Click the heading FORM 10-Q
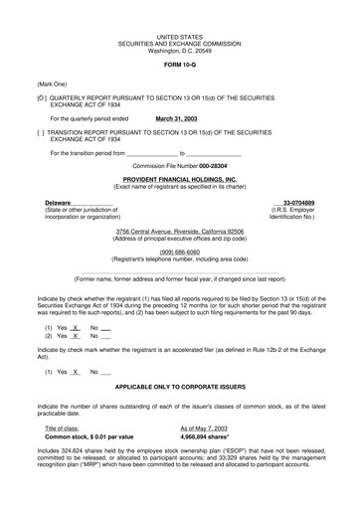[180, 63]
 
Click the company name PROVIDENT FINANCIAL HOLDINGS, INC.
[180, 180]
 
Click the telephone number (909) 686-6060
[179, 252]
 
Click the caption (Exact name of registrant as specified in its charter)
[180, 188]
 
